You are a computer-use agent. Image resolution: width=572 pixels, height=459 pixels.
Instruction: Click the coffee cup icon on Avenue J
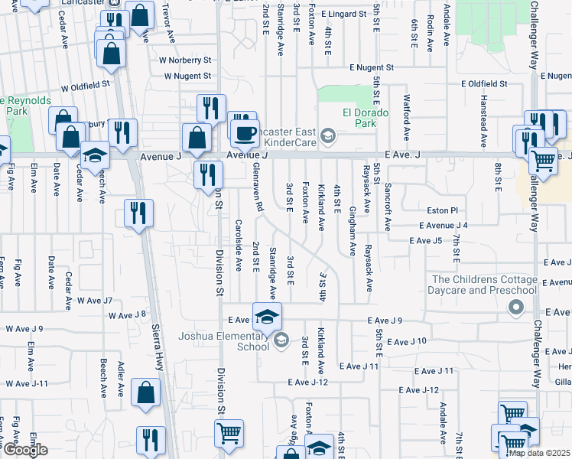click(245, 134)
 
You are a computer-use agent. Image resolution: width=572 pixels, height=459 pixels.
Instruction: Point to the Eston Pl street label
click(443, 210)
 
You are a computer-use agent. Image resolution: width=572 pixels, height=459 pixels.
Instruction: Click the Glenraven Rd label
click(258, 187)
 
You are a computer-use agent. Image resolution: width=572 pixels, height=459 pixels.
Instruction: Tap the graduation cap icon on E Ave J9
click(267, 317)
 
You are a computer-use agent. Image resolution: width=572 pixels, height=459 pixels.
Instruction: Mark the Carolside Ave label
click(239, 246)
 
